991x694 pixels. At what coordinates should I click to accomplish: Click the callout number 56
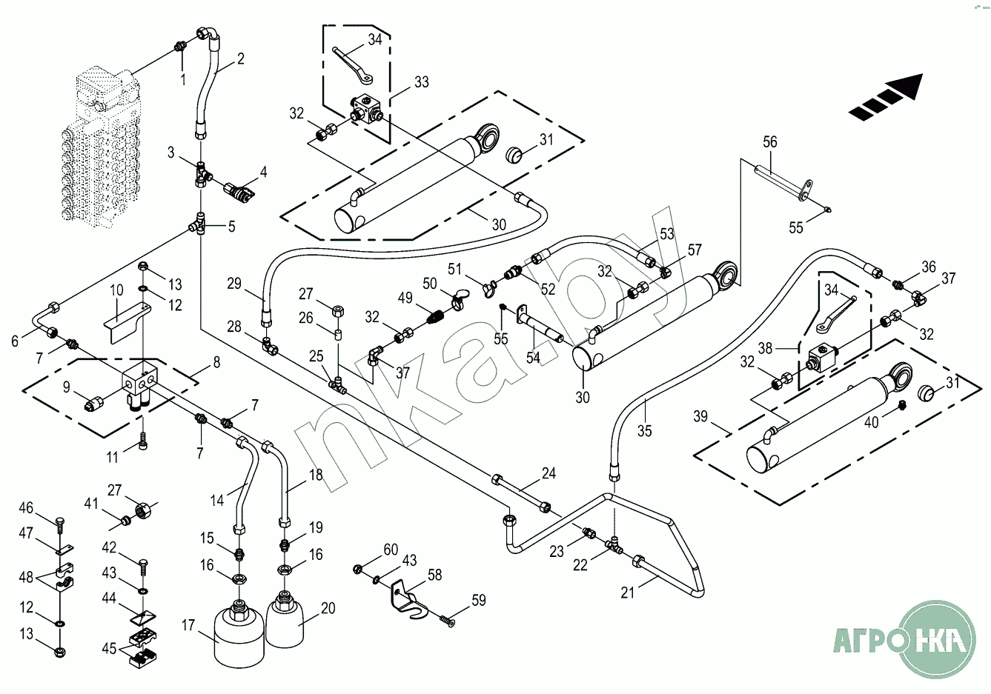click(x=770, y=141)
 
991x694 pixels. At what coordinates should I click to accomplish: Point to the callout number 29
click(x=234, y=284)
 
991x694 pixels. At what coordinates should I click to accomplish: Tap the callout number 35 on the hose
click(x=645, y=430)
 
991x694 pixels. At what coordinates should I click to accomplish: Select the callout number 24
click(x=548, y=473)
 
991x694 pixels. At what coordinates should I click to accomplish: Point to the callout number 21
click(x=628, y=593)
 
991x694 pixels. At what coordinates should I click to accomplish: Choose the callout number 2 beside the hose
click(x=241, y=59)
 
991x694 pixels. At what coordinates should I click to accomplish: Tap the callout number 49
click(x=405, y=298)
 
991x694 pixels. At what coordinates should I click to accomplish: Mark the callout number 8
click(x=216, y=362)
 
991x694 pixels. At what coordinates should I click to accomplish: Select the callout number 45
click(x=110, y=649)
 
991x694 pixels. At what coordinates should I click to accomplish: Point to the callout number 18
click(x=316, y=475)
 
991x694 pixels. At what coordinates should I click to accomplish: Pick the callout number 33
click(x=421, y=81)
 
